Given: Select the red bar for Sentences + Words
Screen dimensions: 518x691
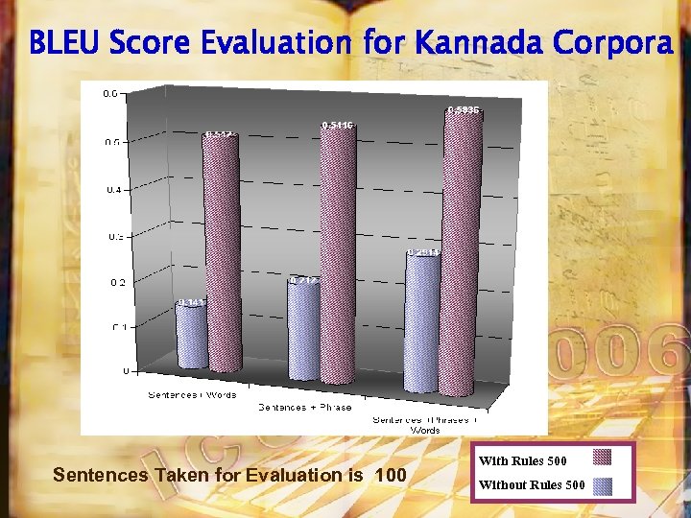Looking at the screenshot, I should pyautogui.click(x=222, y=254).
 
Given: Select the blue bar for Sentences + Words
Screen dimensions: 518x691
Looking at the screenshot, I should pyautogui.click(x=190, y=336).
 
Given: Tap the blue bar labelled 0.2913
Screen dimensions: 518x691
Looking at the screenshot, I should pyautogui.click(x=422, y=321).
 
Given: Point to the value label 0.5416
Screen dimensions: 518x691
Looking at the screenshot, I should pyautogui.click(x=338, y=125).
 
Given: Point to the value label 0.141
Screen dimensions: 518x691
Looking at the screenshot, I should pyautogui.click(x=190, y=302).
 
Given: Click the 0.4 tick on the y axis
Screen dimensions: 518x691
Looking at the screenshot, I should pyautogui.click(x=113, y=190).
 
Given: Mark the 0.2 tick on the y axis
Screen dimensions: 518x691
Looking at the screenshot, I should pyautogui.click(x=113, y=282).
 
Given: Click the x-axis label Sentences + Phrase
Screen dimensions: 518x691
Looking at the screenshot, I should pyautogui.click(x=304, y=407).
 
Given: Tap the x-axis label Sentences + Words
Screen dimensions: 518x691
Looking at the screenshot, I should pyautogui.click(x=192, y=394).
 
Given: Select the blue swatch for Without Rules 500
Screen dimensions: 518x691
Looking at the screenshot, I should pyautogui.click(x=603, y=484).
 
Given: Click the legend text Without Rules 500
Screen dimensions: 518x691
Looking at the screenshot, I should pyautogui.click(x=532, y=484).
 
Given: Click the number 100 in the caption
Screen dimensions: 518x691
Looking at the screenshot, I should pyautogui.click(x=391, y=475).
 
